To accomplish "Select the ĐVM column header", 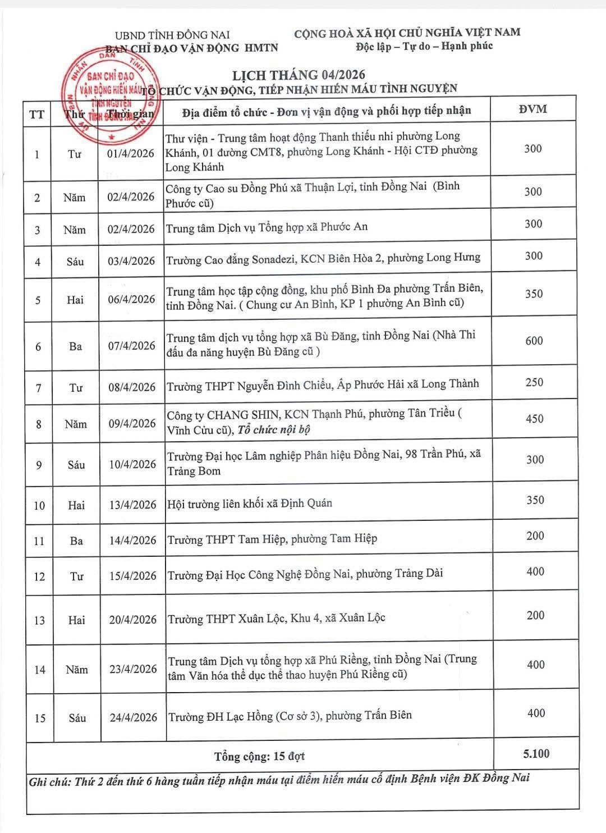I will point(533,109).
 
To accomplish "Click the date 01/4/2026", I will point(131,153).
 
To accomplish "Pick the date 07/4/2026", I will point(132,346).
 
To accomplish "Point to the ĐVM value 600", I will point(534,341).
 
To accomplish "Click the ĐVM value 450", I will point(534,419).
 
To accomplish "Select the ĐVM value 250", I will point(534,382).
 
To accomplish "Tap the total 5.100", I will point(536,754).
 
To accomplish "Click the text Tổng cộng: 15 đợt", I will point(259,756).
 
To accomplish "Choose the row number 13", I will point(39,620).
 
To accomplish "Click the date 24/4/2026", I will point(133,717).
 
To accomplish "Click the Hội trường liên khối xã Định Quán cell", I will point(250,503).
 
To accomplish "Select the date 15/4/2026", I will point(133,576).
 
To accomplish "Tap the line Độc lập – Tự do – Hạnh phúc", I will point(424,46).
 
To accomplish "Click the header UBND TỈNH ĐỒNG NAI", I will point(172,35).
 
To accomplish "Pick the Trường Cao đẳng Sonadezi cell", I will point(323,258).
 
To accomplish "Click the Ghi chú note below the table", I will point(279,779).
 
